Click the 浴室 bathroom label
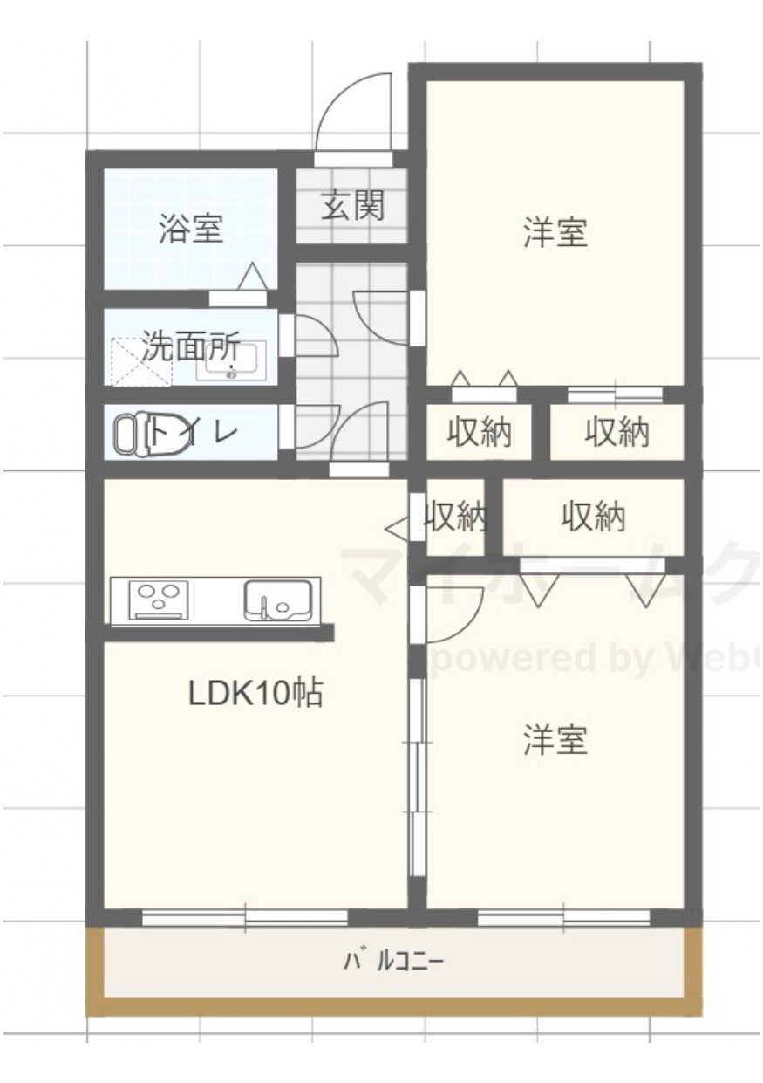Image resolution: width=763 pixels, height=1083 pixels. pyautogui.click(x=191, y=230)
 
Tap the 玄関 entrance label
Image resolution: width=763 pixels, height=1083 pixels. pyautogui.click(x=352, y=207)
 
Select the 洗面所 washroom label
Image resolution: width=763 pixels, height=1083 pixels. pyautogui.click(x=191, y=347)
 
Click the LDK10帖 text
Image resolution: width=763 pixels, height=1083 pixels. pyautogui.click(x=255, y=693)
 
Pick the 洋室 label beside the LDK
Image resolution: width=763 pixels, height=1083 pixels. pyautogui.click(x=555, y=740)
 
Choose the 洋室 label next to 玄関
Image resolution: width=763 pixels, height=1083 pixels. pyautogui.click(x=555, y=233)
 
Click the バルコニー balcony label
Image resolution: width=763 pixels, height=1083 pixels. pyautogui.click(x=394, y=963)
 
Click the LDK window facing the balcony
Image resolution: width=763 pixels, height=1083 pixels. pyautogui.click(x=245, y=917)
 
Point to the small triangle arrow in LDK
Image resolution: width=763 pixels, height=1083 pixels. pyautogui.click(x=397, y=527)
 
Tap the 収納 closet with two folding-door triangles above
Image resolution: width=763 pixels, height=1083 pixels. pyautogui.click(x=478, y=432)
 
